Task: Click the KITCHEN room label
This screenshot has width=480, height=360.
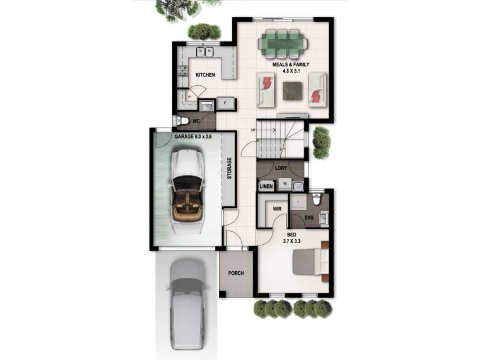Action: [x=205, y=75]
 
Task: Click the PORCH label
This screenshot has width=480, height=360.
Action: [x=236, y=274]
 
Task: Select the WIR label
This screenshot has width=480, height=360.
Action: [x=277, y=209]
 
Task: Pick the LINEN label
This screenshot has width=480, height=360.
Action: [x=266, y=187]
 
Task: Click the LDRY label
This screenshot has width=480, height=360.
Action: [x=281, y=169]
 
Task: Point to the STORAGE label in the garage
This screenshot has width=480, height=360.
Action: [x=229, y=169]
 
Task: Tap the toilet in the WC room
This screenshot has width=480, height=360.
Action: [x=182, y=122]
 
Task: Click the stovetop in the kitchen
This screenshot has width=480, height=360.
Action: [x=182, y=72]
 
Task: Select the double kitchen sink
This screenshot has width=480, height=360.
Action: [x=205, y=51]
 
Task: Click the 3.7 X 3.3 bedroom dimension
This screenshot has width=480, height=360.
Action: [x=292, y=241]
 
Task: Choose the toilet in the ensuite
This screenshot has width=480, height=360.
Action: [x=318, y=198]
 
